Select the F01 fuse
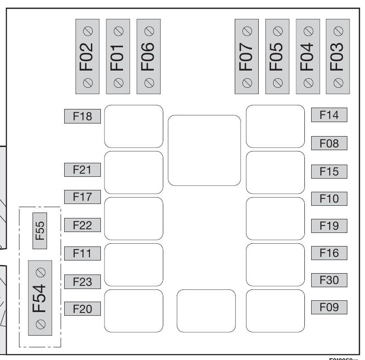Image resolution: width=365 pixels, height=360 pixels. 118,57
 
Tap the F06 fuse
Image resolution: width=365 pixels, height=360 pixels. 148,57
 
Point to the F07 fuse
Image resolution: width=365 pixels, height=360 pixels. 247,57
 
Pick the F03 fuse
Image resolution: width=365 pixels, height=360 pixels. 338,57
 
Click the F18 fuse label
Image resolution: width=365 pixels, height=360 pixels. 82,117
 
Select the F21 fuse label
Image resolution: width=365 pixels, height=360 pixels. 82,170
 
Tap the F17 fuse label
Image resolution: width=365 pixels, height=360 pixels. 82,197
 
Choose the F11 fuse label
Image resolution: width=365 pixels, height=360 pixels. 82,253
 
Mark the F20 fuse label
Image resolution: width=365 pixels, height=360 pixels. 82,309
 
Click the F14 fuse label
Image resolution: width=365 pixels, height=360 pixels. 329,115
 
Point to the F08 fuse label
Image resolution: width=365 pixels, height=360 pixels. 329,143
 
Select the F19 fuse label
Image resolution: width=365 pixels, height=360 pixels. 329,226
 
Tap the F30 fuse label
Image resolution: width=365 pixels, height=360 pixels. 329,280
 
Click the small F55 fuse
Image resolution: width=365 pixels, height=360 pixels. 40,231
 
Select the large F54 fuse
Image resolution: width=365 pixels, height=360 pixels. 40,298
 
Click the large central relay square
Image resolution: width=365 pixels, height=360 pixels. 204,150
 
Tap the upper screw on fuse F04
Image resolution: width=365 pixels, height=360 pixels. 308,30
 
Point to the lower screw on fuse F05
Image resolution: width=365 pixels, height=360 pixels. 278,83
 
